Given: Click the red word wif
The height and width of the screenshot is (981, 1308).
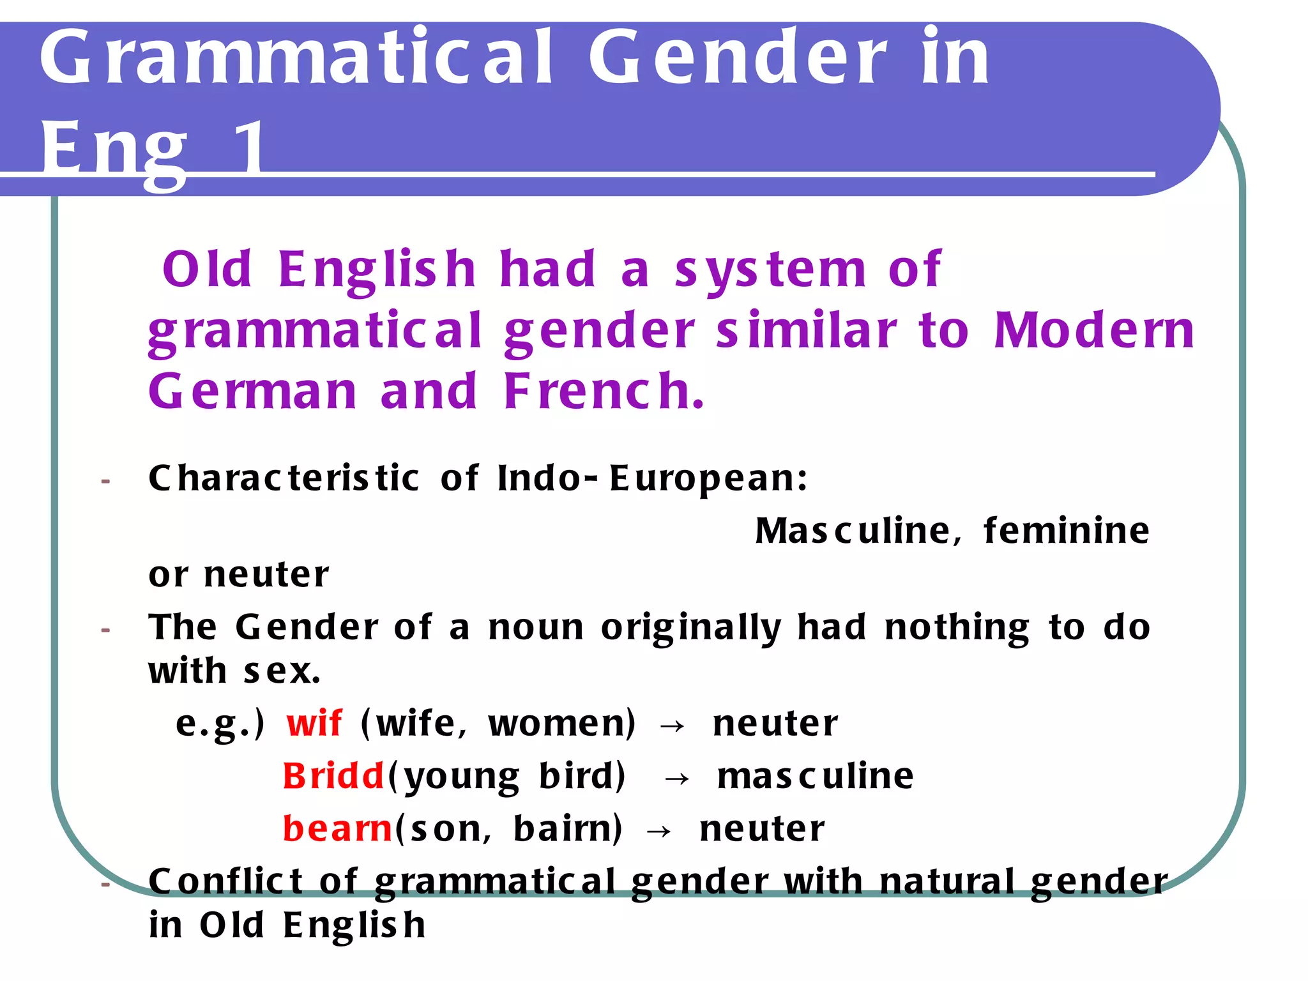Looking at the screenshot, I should [x=314, y=724].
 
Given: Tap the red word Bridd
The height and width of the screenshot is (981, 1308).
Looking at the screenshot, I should [x=333, y=777].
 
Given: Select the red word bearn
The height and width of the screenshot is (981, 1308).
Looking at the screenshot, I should [x=337, y=829].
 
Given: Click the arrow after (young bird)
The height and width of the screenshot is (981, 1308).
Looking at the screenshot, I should [x=677, y=779].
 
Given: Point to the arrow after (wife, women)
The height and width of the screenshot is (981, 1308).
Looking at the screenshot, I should [x=672, y=726].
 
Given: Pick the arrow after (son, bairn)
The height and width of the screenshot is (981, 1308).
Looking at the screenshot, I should [x=659, y=831].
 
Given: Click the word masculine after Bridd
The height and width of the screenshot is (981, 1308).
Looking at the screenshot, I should [x=815, y=777].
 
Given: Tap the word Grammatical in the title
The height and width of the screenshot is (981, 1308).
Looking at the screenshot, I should [x=296, y=59].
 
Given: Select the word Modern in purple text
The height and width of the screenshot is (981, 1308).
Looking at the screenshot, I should [x=1093, y=331].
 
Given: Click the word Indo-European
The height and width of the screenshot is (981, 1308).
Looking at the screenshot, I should [x=651, y=478].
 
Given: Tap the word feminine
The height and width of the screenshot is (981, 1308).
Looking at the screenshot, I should [x=1066, y=531].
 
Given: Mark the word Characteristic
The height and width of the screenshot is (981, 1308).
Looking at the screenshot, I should [x=284, y=478].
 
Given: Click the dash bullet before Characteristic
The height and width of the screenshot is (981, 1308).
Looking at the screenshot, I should [x=105, y=480].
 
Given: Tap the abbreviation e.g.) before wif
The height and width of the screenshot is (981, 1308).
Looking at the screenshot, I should [x=220, y=725].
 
